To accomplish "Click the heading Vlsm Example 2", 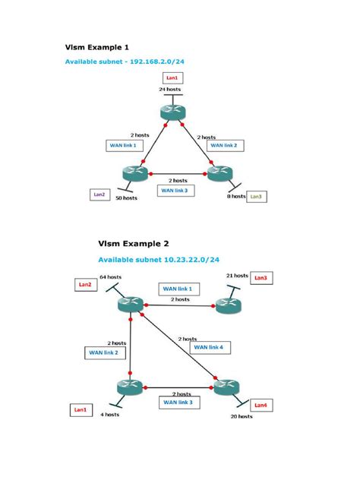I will [x=133, y=244].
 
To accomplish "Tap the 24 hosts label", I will [x=171, y=89].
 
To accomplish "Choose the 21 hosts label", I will [x=237, y=276].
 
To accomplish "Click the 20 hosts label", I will [x=242, y=417].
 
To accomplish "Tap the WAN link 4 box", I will [x=210, y=347].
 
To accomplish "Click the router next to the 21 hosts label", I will [x=227, y=305].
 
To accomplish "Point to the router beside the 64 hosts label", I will [x=131, y=305].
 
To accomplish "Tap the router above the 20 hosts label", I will [x=226, y=387].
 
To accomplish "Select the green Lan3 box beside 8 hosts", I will [x=256, y=197].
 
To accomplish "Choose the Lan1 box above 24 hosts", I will [x=172, y=77].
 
